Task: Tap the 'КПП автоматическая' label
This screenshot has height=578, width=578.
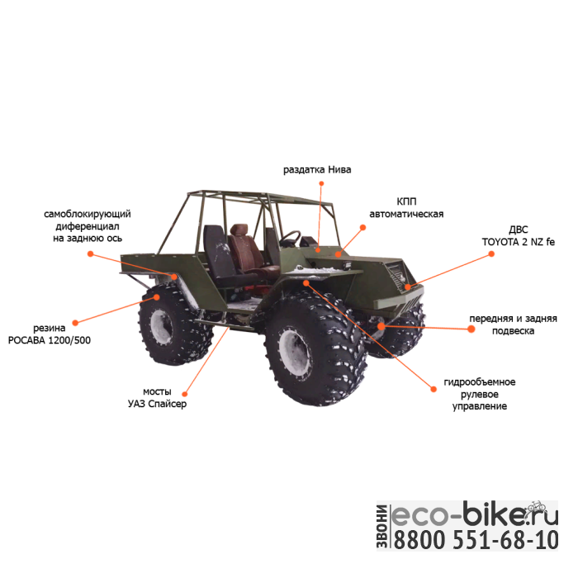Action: click(x=405, y=207)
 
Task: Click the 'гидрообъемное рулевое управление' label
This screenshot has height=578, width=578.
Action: click(x=479, y=394)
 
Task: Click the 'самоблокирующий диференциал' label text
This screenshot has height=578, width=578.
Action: click(x=87, y=225)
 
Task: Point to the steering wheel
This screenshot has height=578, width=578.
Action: click(x=291, y=239)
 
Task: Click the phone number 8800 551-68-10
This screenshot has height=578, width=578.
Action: click(x=474, y=542)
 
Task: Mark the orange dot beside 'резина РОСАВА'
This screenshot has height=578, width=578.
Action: click(x=75, y=322)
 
